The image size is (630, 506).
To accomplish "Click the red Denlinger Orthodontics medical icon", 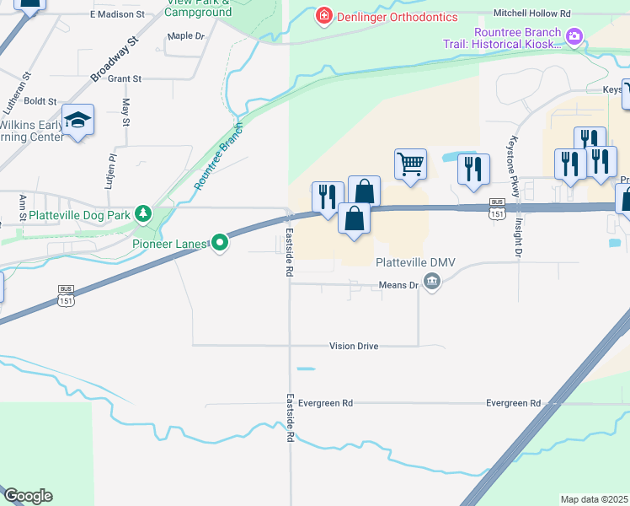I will click(x=323, y=17).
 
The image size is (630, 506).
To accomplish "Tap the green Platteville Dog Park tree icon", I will click(x=144, y=215).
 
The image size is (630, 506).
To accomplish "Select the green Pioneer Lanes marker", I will click(x=220, y=244).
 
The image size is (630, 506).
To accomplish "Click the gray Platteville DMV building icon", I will click(x=432, y=282).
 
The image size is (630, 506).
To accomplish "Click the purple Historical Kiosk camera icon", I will click(x=574, y=35).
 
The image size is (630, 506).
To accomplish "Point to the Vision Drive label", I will click(x=354, y=347).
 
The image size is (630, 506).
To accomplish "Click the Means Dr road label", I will click(x=403, y=286).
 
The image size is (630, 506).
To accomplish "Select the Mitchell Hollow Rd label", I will click(x=532, y=14).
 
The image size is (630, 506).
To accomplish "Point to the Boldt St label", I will click(x=40, y=101).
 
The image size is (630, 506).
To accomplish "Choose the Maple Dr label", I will click(x=186, y=36).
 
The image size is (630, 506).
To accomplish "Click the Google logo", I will click(x=27, y=496).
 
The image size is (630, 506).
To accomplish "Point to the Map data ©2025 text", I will click(x=595, y=499).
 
